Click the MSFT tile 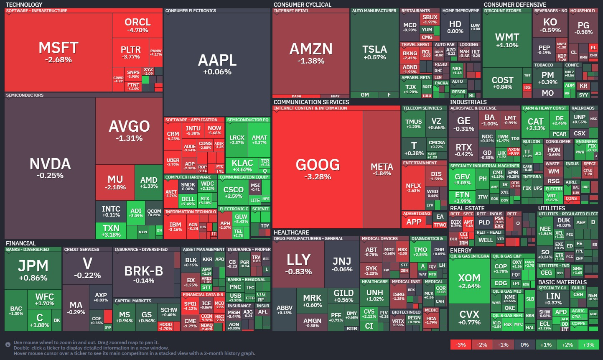point(59,52)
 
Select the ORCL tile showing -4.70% point(137,25)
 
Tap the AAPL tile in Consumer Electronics point(217,65)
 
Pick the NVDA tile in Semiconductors point(50,167)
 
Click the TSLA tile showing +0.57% point(374,52)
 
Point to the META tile point(382,169)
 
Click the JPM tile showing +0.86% point(33,270)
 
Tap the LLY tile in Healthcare point(298,263)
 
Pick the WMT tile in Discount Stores point(507,40)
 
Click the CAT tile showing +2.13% point(535,124)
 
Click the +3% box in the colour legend point(588,345)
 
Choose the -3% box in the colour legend point(461,345)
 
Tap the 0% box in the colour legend point(524,345)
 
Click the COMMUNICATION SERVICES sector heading point(311,102)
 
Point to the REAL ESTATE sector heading point(467,208)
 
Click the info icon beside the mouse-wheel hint point(8,345)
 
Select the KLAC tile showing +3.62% point(242,165)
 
